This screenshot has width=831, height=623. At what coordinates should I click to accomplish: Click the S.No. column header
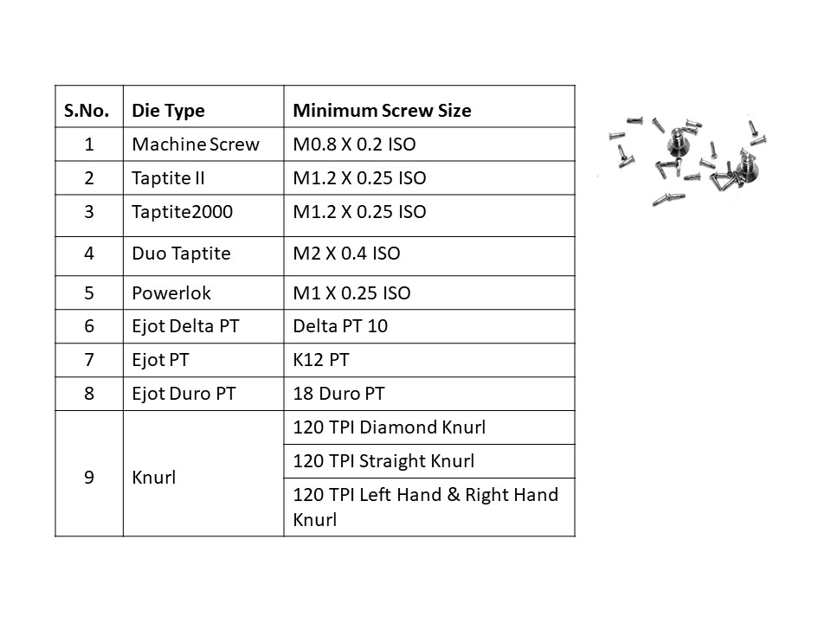click(87, 110)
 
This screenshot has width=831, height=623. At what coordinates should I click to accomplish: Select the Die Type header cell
click(168, 110)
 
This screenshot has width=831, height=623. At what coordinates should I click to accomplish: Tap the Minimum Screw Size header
click(382, 110)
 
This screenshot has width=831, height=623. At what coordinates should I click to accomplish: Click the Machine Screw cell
click(196, 145)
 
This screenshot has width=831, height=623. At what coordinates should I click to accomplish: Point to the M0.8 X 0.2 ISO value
click(354, 145)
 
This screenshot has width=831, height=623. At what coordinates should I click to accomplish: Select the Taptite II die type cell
click(168, 178)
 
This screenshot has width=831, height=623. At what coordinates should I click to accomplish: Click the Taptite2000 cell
click(183, 212)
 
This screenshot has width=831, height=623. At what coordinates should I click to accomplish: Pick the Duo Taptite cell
click(181, 254)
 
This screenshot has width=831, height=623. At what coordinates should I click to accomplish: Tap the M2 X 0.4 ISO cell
click(346, 254)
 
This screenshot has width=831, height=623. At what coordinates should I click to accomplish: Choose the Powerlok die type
click(171, 293)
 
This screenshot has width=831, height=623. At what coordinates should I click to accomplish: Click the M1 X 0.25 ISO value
click(352, 293)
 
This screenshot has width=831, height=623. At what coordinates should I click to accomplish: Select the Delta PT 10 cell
click(340, 326)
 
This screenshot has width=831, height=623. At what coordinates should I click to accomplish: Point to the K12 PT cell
click(321, 360)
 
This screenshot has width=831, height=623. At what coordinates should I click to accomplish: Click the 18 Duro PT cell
click(338, 394)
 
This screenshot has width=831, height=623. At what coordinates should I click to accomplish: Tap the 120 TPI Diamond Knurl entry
click(389, 427)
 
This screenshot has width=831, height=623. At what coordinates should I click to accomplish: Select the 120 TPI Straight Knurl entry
click(383, 461)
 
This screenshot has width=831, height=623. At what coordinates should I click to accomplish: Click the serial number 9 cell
click(89, 478)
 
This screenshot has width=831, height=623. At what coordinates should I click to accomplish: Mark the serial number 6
click(89, 326)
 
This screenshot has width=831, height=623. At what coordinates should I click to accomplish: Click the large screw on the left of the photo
click(676, 140)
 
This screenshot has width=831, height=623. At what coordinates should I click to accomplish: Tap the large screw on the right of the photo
click(747, 167)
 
